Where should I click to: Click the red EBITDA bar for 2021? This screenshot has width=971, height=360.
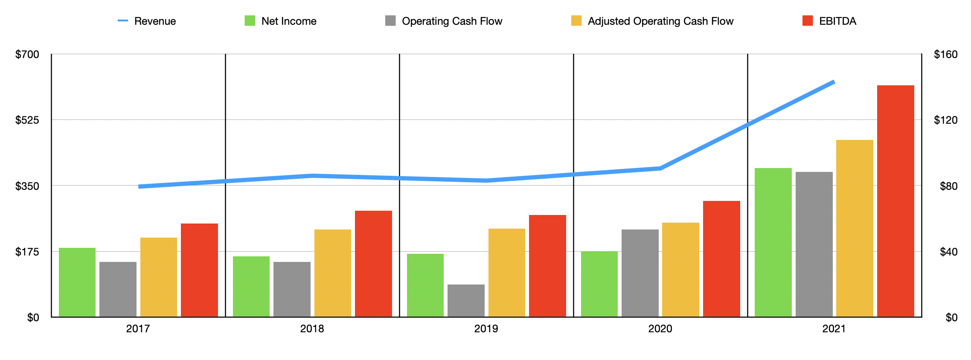coord(895,201)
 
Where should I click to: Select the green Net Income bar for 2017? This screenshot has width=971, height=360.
coord(77,282)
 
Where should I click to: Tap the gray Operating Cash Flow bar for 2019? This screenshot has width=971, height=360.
coord(466,301)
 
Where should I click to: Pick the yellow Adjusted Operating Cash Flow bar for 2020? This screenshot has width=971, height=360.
coord(680,270)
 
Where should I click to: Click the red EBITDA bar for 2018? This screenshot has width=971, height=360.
coord(373,264)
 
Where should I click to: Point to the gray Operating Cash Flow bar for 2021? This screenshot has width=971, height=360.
coord(814,244)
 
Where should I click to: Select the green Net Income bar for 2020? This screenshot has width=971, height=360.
coord(599,284)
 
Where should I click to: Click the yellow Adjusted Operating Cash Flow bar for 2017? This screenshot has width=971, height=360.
coord(159,277)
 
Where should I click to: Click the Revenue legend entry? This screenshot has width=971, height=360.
coord(147,21)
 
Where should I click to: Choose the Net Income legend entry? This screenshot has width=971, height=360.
coord(281,21)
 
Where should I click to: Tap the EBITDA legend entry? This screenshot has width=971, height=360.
coord(829,21)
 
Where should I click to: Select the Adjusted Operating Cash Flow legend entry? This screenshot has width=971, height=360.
coord(652,21)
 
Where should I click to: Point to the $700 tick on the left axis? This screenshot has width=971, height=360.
coord(27,54)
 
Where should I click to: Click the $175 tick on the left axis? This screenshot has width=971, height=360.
coord(27,252)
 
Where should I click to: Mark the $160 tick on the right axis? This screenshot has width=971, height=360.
coord(945,54)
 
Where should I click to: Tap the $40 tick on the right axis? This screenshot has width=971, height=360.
coord(948,252)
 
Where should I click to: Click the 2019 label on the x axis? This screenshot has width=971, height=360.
coord(486,328)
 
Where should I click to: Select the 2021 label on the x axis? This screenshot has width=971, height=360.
coord(834,328)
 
